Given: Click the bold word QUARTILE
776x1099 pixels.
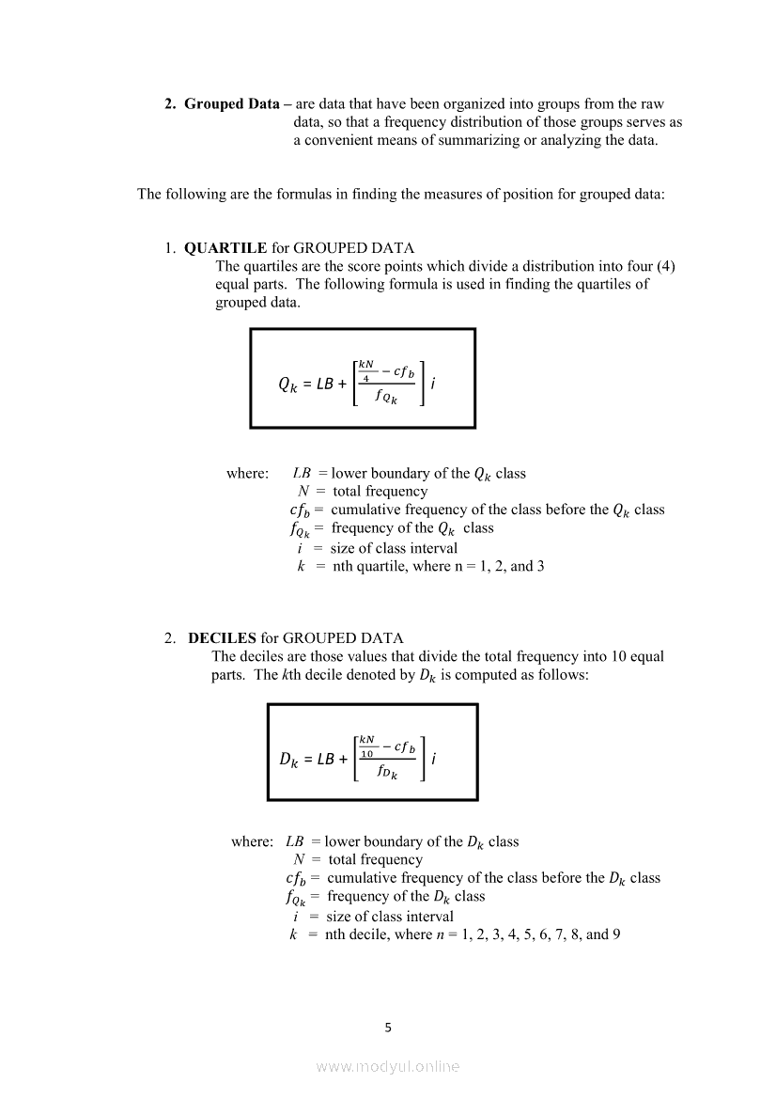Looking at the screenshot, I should click(x=225, y=248).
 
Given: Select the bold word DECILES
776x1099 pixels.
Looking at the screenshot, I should click(x=223, y=637).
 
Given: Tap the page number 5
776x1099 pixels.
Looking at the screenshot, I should click(x=388, y=1028).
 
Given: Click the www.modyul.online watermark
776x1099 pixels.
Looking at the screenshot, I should click(x=388, y=1066).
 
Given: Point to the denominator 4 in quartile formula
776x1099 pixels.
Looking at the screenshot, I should click(x=365, y=378).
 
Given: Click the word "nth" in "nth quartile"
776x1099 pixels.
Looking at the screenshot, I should click(x=344, y=566).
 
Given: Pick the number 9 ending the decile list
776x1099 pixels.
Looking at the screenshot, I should click(x=616, y=934).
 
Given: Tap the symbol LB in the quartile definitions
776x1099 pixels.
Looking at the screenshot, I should click(x=302, y=473).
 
